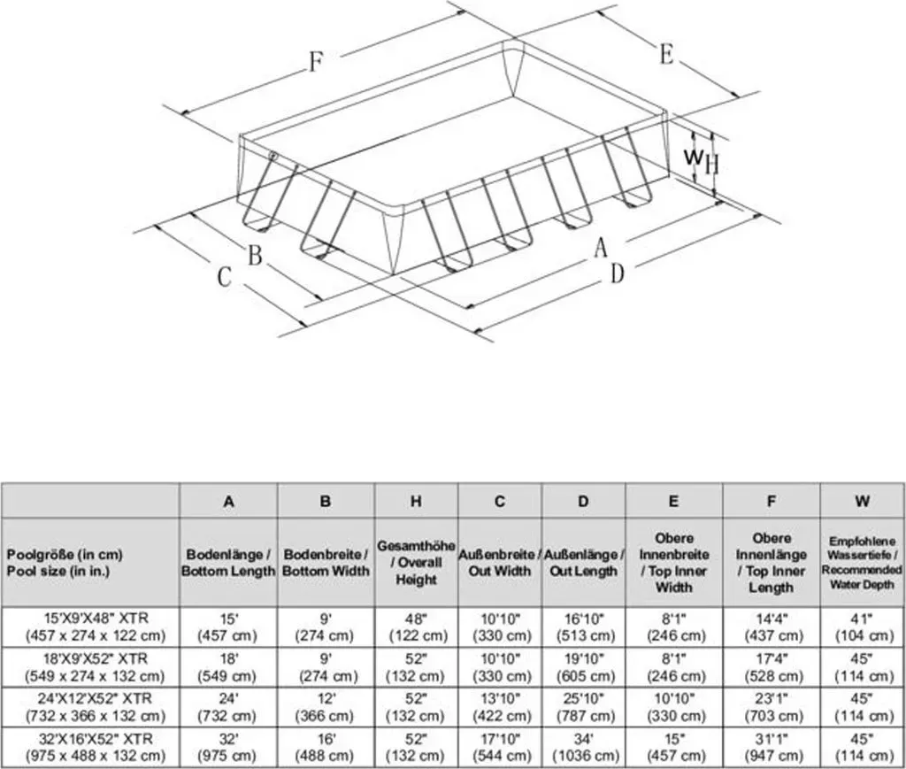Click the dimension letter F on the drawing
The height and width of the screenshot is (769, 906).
pyautogui.click(x=316, y=61)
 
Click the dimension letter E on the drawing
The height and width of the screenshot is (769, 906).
pyautogui.click(x=666, y=56)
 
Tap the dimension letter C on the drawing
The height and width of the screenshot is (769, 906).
pyautogui.click(x=224, y=277)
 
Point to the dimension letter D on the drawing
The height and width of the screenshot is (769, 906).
pyautogui.click(x=617, y=273)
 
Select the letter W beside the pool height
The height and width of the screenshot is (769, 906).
pyautogui.click(x=694, y=156)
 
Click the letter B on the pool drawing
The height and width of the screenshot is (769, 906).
pyautogui.click(x=255, y=256)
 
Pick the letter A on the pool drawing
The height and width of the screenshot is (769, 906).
pyautogui.click(x=601, y=248)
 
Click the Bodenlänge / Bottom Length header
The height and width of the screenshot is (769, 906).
pyautogui.click(x=228, y=563)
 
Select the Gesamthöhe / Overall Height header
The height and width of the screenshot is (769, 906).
pyautogui.click(x=416, y=562)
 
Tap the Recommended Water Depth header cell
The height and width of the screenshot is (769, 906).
pyautogui.click(x=862, y=563)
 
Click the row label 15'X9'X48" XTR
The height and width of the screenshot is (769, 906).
pyautogui.click(x=96, y=627)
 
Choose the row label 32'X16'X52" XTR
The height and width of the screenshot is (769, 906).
pyautogui.click(x=96, y=747)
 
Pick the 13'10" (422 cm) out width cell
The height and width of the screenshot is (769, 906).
pyautogui.click(x=501, y=707)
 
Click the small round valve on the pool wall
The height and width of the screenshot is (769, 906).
pyautogui.click(x=273, y=156)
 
